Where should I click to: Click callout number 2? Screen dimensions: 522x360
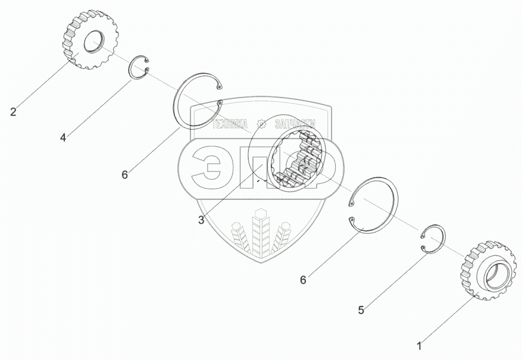(x=12, y=111)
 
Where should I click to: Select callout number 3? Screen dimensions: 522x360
(x=201, y=220)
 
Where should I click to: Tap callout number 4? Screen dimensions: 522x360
(x=62, y=138)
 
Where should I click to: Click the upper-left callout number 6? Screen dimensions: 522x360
(x=124, y=174)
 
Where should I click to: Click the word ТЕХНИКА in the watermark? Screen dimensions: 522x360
(x=229, y=124)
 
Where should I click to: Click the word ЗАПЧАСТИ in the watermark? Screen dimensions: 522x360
(x=295, y=124)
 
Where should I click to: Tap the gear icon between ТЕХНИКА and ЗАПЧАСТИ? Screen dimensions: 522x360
(x=261, y=124)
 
